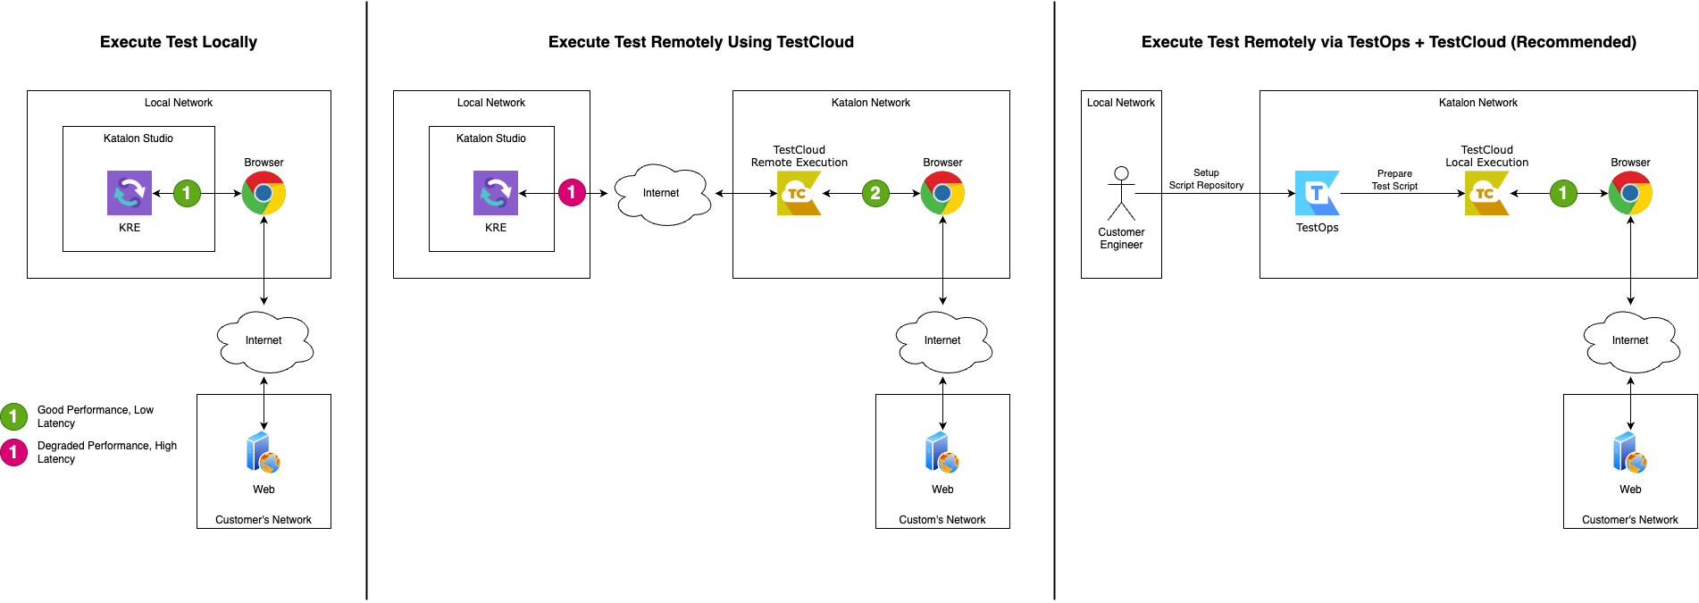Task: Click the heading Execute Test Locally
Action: [x=179, y=42]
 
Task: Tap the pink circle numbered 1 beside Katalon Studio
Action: [x=572, y=192]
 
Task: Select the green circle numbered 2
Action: [x=875, y=192]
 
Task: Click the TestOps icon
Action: [x=1317, y=193]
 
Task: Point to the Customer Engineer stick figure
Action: [x=1121, y=193]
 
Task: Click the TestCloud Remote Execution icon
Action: [x=799, y=193]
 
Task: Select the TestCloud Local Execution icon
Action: [x=1486, y=193]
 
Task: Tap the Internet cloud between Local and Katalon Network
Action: [x=662, y=193]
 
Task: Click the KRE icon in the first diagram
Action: [x=130, y=193]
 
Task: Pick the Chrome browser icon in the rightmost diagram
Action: [x=1630, y=193]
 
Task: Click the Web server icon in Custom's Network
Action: [x=942, y=453]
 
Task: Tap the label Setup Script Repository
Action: [x=1206, y=179]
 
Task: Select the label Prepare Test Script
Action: [x=1394, y=180]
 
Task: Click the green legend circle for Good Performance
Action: [x=13, y=416]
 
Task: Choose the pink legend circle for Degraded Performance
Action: [x=13, y=452]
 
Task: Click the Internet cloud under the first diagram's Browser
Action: [x=264, y=340]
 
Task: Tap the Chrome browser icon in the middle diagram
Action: [x=942, y=193]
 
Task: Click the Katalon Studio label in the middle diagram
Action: [x=490, y=138]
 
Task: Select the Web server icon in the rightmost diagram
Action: [x=1630, y=453]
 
